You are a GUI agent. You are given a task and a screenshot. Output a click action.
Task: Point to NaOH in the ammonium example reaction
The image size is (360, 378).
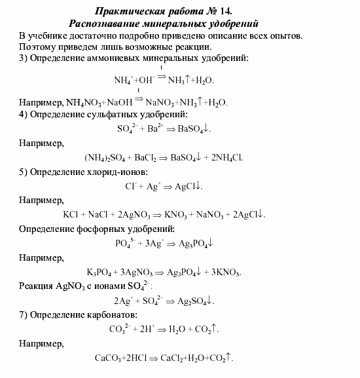pos(118,103)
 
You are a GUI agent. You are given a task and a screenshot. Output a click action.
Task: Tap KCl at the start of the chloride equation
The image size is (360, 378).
pos(71,215)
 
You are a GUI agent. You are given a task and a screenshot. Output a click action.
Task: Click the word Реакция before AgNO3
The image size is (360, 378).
pos(39,286)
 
